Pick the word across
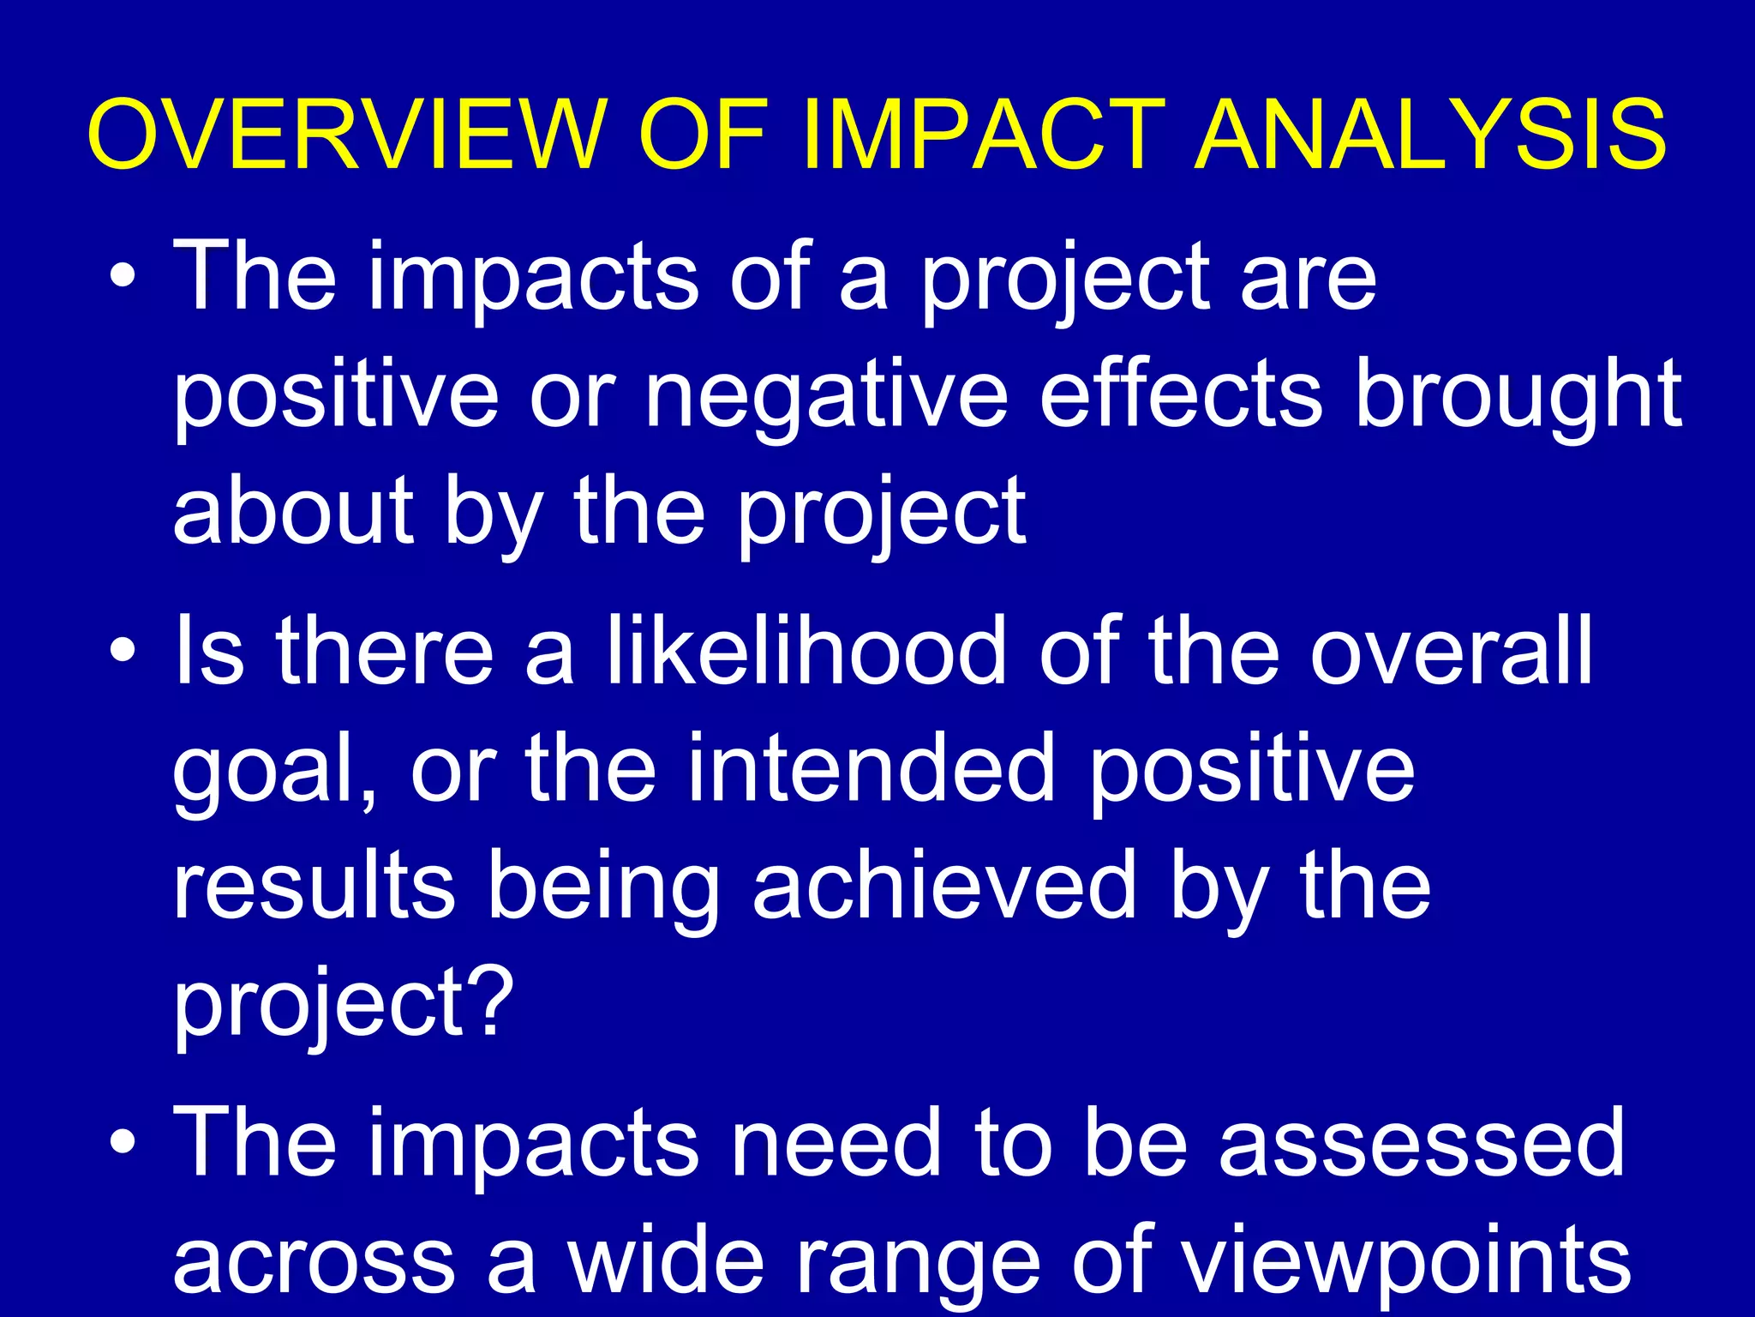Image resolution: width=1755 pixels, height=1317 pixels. coord(314,1260)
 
